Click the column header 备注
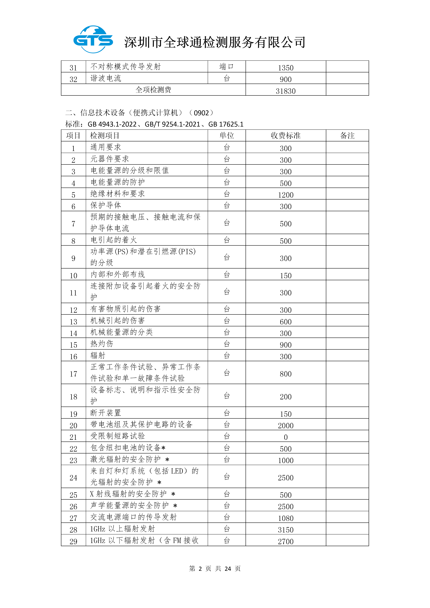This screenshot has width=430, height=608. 347,136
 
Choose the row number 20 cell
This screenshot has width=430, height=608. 73,426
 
